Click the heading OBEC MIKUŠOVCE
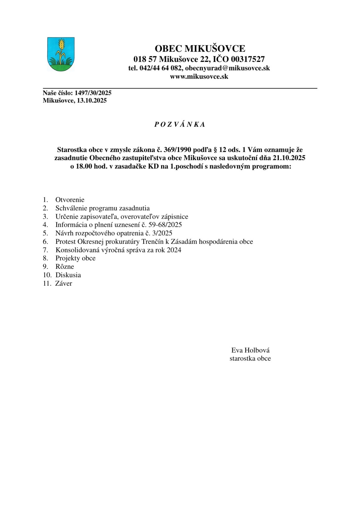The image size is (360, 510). (200, 49)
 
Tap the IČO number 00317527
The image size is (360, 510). (248, 59)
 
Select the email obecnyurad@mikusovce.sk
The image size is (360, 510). (227, 68)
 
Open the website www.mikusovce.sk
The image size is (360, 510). (199, 77)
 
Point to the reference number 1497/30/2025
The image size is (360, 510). (93, 93)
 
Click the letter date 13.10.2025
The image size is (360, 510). (92, 100)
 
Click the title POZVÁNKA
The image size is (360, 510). (180, 124)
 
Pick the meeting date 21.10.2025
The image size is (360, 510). (289, 158)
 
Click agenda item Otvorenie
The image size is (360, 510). (70, 200)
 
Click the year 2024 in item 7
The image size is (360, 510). (174, 250)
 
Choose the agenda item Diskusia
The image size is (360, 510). (68, 275)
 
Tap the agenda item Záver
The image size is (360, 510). (64, 283)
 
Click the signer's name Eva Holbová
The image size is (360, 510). (250, 350)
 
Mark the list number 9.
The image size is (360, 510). (45, 267)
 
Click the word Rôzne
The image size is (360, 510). (65, 267)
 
